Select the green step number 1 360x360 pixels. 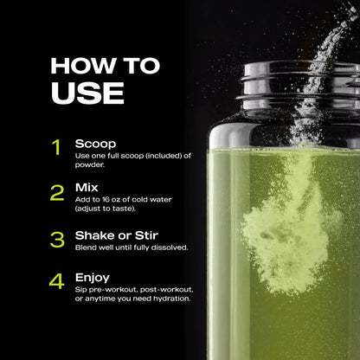[x=56, y=147]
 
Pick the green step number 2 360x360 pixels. [x=56, y=192]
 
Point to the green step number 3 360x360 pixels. [x=56, y=238]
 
